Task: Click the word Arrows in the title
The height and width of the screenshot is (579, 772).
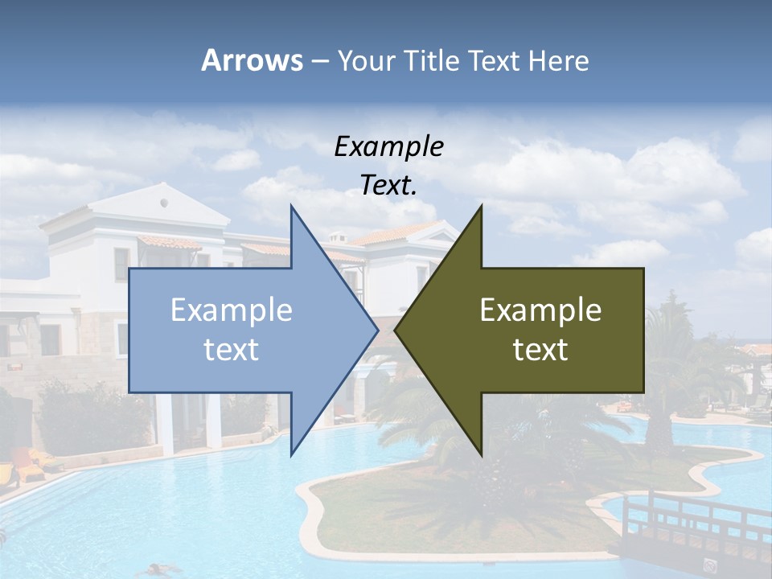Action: (x=252, y=60)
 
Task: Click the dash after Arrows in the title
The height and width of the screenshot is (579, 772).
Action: (x=319, y=61)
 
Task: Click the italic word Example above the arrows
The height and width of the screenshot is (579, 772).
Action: (x=388, y=147)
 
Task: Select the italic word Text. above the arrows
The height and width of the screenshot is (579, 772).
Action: (x=388, y=186)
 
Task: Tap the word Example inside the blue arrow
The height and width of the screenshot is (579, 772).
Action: (x=232, y=310)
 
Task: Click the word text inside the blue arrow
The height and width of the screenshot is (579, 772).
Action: (x=232, y=350)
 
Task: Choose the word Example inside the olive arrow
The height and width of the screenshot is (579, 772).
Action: (x=540, y=310)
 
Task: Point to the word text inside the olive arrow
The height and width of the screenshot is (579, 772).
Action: (x=540, y=350)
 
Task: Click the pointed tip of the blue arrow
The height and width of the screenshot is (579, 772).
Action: (x=377, y=330)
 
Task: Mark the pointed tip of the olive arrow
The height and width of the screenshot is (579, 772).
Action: (x=396, y=330)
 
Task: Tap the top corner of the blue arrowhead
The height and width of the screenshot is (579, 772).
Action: (x=291, y=206)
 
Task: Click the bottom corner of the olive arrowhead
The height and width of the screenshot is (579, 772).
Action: (x=481, y=454)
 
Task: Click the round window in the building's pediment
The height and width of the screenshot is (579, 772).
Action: (x=164, y=199)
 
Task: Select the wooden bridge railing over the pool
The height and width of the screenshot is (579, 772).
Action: (x=692, y=515)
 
